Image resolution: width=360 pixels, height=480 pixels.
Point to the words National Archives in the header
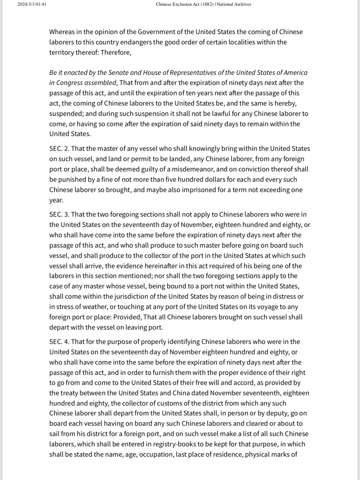tap(234, 4)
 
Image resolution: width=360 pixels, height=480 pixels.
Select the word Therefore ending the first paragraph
tap(116, 52)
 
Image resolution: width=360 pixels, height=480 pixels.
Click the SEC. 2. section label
tap(59, 149)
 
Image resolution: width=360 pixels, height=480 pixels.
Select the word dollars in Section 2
tap(178, 180)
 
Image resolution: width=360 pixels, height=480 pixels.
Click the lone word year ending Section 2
tap(56, 200)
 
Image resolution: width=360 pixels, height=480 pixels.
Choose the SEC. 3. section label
tap(59, 215)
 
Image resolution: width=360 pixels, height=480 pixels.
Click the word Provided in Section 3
tap(127, 317)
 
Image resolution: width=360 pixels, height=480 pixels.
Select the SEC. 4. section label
tap(59, 342)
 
